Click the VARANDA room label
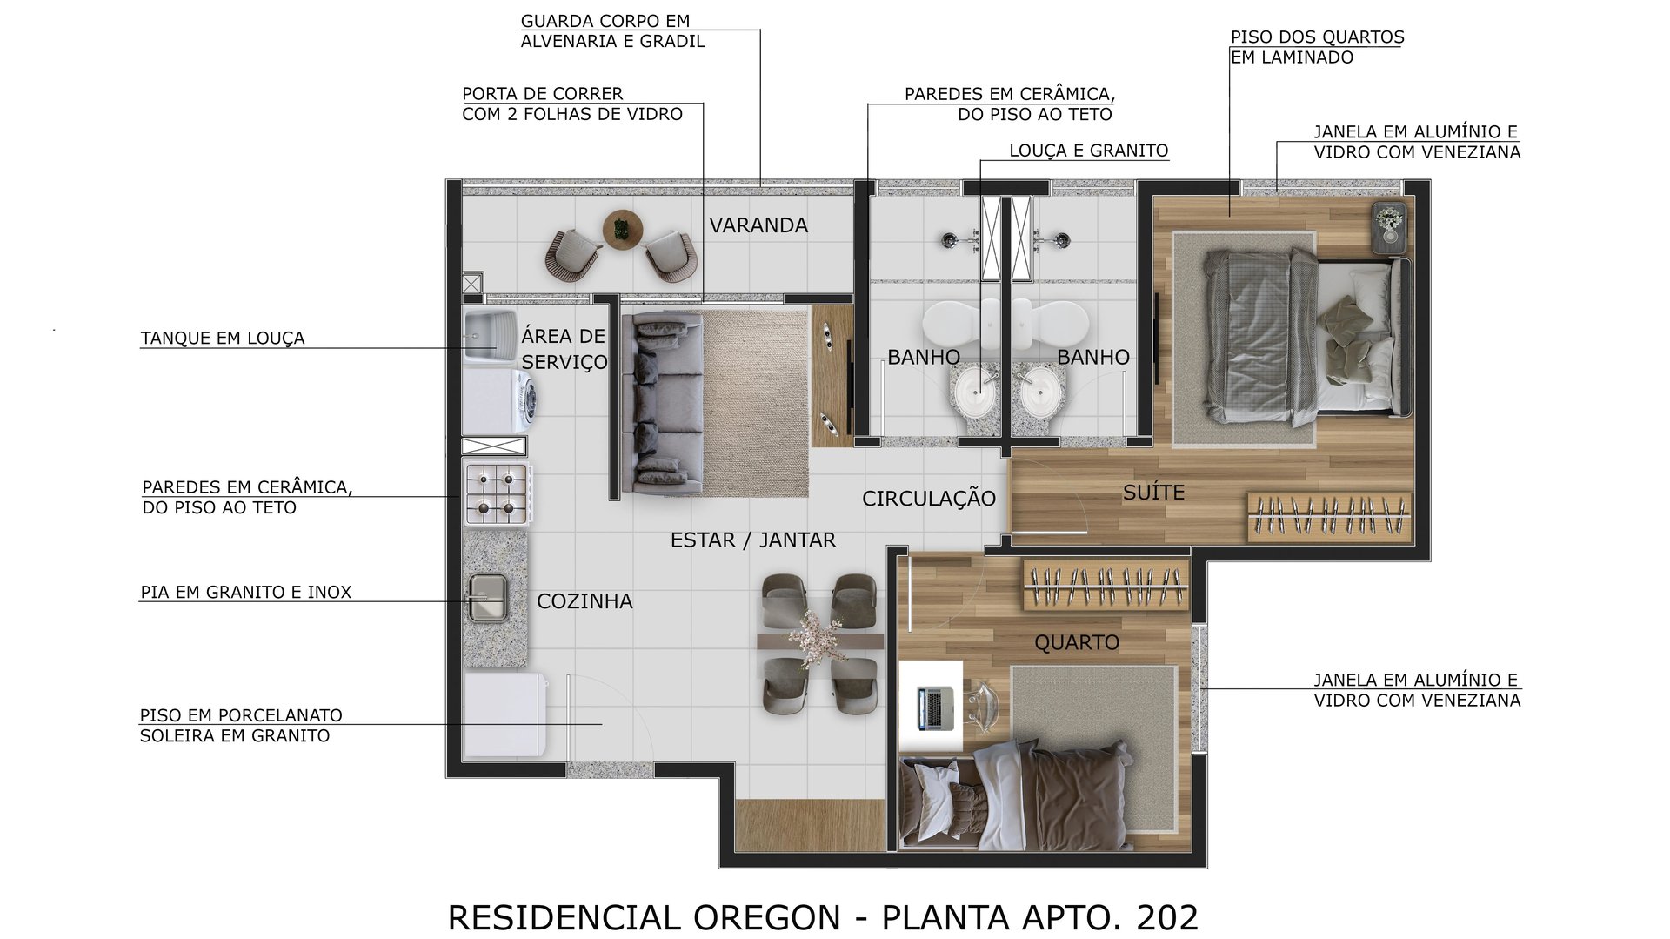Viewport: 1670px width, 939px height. tap(758, 225)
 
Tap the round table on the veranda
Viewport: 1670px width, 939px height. tap(621, 230)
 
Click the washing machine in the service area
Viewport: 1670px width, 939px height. tap(499, 402)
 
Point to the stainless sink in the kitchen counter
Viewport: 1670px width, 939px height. tap(487, 597)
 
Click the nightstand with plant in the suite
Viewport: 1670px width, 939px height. tap(1389, 227)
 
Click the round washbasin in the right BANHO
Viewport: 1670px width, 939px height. tap(1039, 393)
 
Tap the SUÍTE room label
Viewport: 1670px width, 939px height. tap(1153, 493)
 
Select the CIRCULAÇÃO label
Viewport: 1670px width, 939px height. tap(928, 499)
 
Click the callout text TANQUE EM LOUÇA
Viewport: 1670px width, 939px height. tap(223, 339)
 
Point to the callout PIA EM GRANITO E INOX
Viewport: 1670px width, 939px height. tap(246, 593)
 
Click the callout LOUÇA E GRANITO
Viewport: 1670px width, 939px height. tap(1088, 151)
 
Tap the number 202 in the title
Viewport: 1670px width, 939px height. tap(1167, 917)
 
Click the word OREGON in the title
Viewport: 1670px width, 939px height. tap(766, 917)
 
